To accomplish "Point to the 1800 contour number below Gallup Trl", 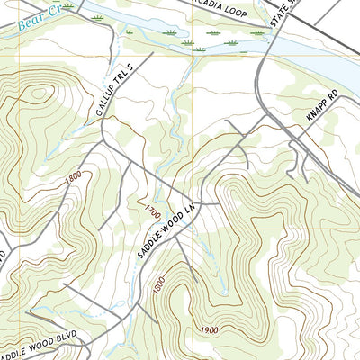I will click(x=76, y=179).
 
